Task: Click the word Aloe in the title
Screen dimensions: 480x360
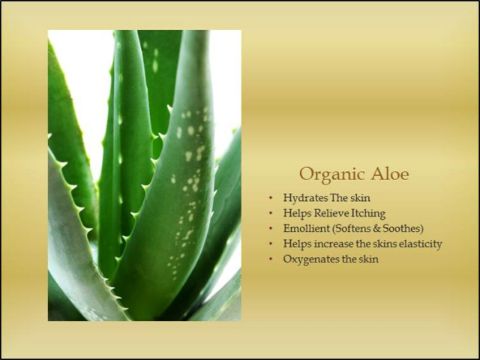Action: (390, 174)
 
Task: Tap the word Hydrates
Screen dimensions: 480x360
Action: (305, 198)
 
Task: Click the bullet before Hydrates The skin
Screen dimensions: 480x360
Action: (271, 198)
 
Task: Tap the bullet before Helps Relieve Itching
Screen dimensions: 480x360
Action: (271, 213)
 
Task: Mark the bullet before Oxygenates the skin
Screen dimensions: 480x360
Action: (271, 259)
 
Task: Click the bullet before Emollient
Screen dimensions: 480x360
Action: (271, 228)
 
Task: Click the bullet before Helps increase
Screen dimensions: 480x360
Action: (271, 244)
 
